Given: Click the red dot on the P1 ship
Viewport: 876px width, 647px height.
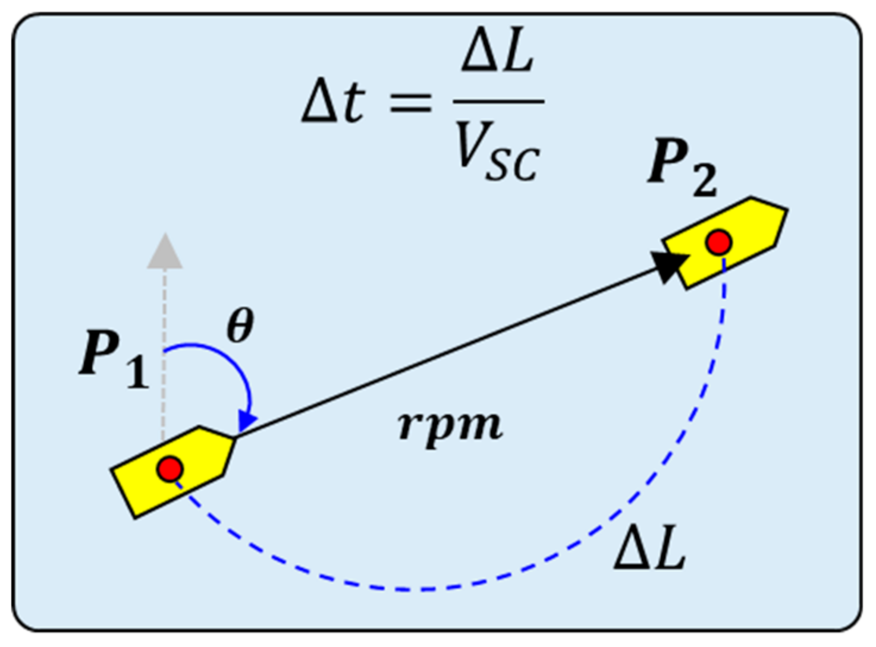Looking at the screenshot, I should (x=170, y=469).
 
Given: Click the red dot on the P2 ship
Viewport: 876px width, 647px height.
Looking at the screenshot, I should (x=719, y=242).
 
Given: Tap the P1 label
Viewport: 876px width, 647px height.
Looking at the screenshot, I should (x=113, y=359).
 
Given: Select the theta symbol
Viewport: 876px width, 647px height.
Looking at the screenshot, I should (x=240, y=326).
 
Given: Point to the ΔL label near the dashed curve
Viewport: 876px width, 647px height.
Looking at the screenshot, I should (x=650, y=550).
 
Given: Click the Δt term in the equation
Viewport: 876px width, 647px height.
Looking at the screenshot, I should (x=333, y=102).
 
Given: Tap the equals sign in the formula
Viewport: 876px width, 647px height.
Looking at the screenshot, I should (x=410, y=102).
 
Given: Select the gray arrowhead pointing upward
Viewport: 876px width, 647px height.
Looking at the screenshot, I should (x=165, y=252).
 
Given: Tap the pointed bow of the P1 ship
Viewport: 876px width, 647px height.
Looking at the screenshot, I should (x=234, y=439).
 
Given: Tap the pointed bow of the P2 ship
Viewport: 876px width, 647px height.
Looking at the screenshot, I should (x=785, y=210).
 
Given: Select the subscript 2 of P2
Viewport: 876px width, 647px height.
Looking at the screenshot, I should (x=704, y=179).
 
